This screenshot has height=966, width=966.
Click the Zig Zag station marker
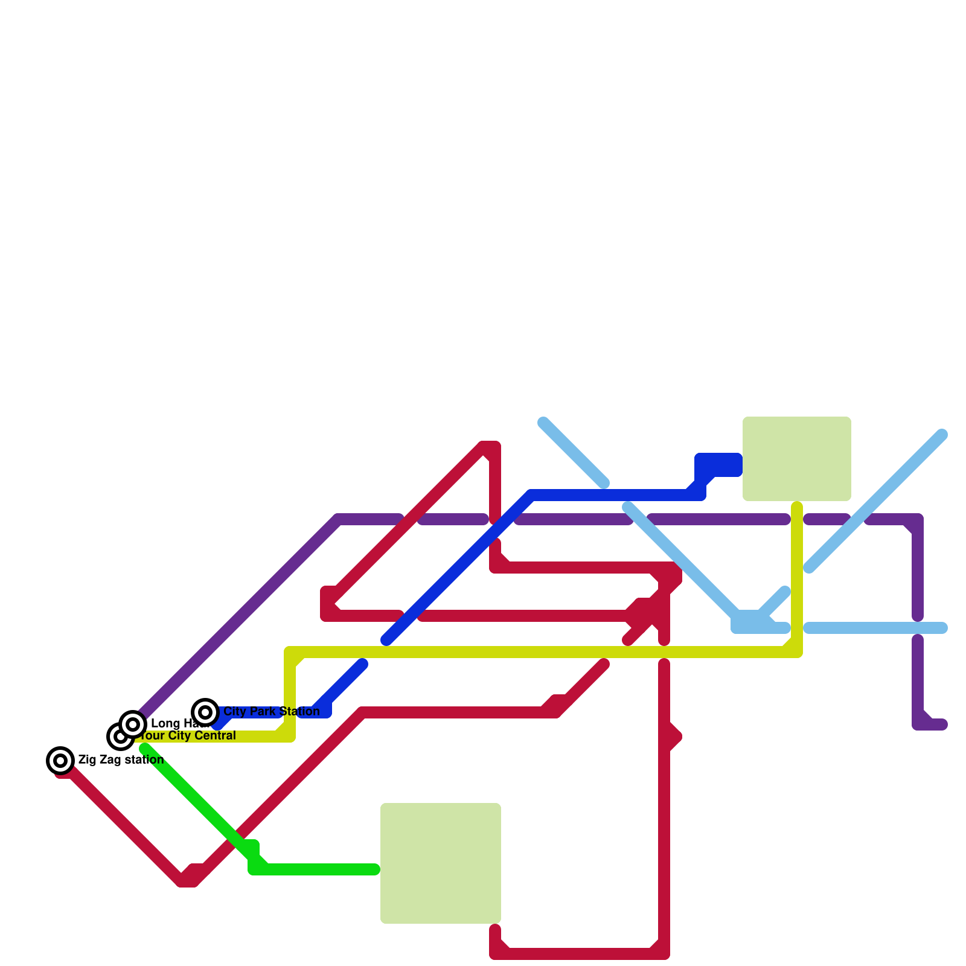[60, 761]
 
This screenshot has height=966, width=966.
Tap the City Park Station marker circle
[205, 712]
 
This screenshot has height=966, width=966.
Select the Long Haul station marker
[133, 723]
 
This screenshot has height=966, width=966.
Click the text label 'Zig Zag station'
[121, 760]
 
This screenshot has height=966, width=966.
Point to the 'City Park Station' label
[272, 711]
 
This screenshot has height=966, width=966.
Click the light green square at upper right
[797, 459]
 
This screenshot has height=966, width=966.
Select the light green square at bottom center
[441, 863]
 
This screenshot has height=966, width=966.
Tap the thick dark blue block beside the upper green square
[718, 464]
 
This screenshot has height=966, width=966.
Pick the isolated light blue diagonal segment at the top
[574, 452]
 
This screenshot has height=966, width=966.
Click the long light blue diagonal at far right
[875, 501]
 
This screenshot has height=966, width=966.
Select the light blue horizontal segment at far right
[875, 628]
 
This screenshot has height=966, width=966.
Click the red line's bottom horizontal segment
[580, 954]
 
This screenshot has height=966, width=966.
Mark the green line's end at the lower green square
[374, 869]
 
